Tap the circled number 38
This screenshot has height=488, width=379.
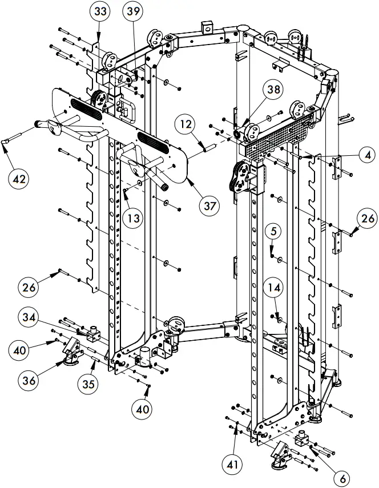(x=273, y=89)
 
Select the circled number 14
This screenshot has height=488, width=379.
(x=276, y=289)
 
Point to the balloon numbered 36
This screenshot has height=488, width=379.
(x=33, y=378)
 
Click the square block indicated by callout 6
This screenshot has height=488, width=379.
(x=301, y=440)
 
